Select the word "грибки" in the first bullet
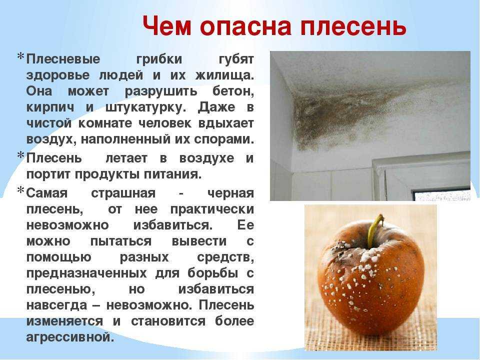pyautogui.click(x=159, y=59)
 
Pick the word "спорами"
pyautogui.click(x=224, y=139)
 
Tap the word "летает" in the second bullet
pyautogui.click(x=126, y=158)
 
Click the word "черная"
pyautogui.click(x=230, y=193)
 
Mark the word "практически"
pyautogui.click(x=212, y=209)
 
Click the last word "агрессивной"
pyautogui.click(x=70, y=337)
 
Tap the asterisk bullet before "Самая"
pyautogui.click(x=20, y=190)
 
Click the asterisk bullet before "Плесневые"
pyautogui.click(x=20, y=56)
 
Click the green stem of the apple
pyautogui.click(x=375, y=230)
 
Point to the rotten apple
pyautogui.click(x=370, y=278)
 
